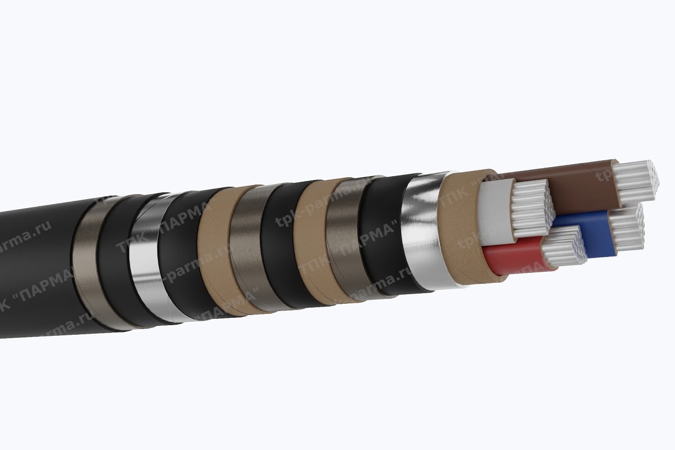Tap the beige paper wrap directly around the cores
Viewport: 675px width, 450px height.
(458, 225)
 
